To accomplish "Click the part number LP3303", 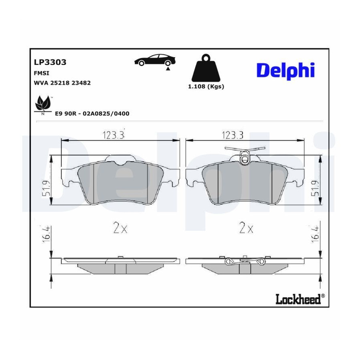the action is click(x=50, y=62).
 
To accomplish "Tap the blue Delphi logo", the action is click(x=285, y=70).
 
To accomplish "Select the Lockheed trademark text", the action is click(x=300, y=299).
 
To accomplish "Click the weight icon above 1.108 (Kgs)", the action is click(x=206, y=68).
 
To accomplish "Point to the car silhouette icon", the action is click(x=155, y=60).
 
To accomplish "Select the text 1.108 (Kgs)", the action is click(x=206, y=86).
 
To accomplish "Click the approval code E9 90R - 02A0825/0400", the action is click(x=92, y=114).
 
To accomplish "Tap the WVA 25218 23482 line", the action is click(x=62, y=83).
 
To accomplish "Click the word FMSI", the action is click(x=42, y=73).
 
